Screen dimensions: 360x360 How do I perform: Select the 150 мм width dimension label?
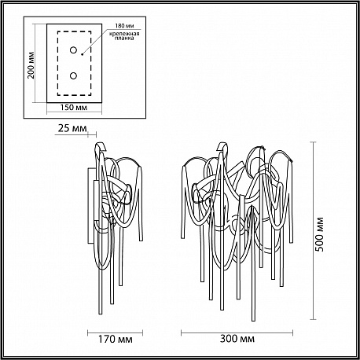[74, 108]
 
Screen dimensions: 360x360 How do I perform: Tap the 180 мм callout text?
[124, 26]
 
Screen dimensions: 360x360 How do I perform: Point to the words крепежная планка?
[124, 36]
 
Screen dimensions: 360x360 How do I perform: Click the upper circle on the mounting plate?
[73, 50]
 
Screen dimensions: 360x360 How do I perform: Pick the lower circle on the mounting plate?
[73, 76]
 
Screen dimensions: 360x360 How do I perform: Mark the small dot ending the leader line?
[82, 54]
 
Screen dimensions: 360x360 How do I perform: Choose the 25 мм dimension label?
[72, 129]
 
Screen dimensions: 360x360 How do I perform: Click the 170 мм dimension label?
[116, 340]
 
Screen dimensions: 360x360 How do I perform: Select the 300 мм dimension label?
[237, 339]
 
